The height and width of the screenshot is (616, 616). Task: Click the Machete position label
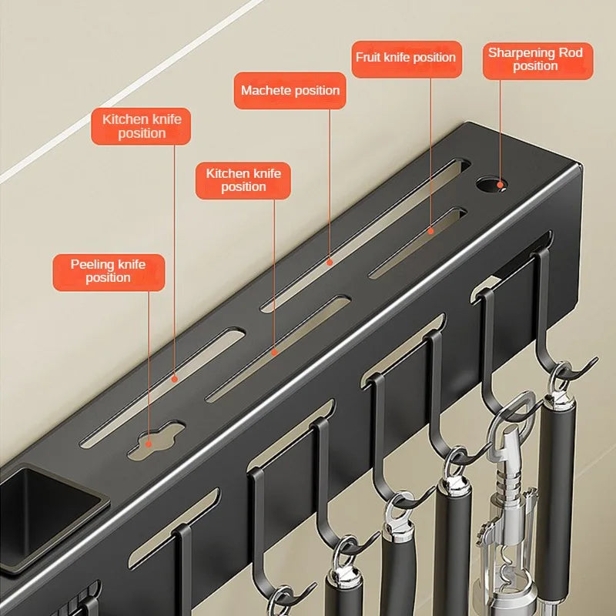[x=290, y=91]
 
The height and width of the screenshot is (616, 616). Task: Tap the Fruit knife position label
[x=406, y=59]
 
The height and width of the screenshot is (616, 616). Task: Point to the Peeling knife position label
[x=109, y=271]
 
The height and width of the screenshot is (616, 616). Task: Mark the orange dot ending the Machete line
[x=330, y=262]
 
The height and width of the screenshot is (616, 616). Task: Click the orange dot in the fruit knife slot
[x=431, y=230]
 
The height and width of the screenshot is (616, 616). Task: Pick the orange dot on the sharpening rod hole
[x=500, y=185]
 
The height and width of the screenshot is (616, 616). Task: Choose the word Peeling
[x=92, y=265]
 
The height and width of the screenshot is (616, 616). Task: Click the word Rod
[x=570, y=53]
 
